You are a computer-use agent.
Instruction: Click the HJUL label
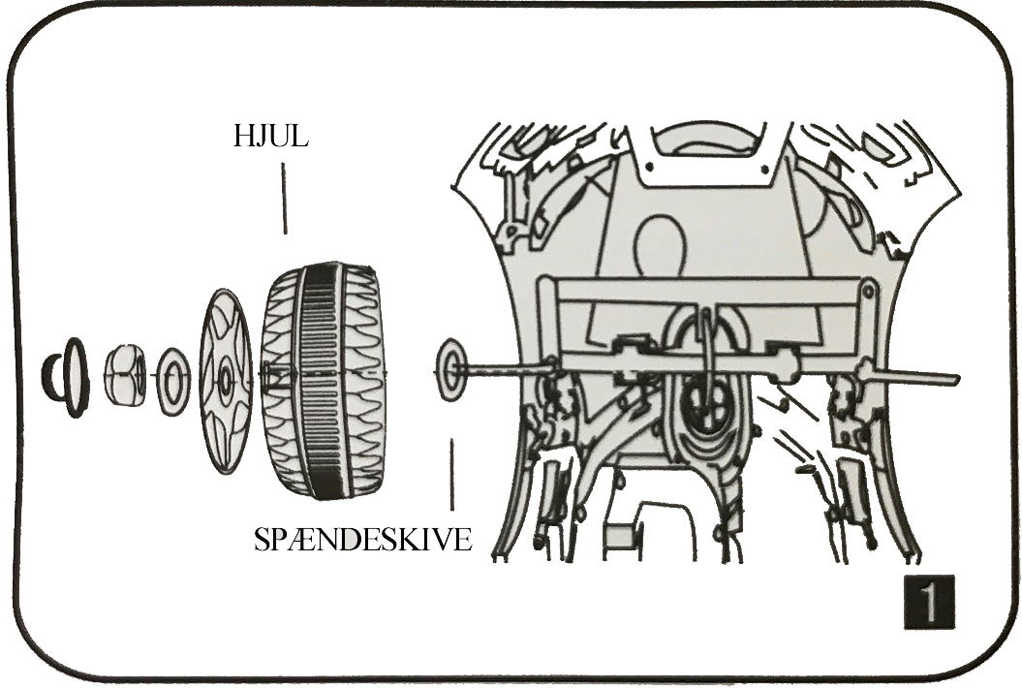[270, 136]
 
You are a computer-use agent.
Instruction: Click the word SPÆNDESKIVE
[362, 539]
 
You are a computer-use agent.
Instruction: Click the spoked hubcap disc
[225, 381]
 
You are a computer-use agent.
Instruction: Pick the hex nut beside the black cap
[125, 375]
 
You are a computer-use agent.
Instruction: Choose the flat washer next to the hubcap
[173, 381]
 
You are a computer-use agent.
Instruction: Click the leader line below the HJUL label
[284, 199]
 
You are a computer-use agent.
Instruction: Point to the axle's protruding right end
[930, 379]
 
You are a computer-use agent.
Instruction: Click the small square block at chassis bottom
[617, 534]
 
